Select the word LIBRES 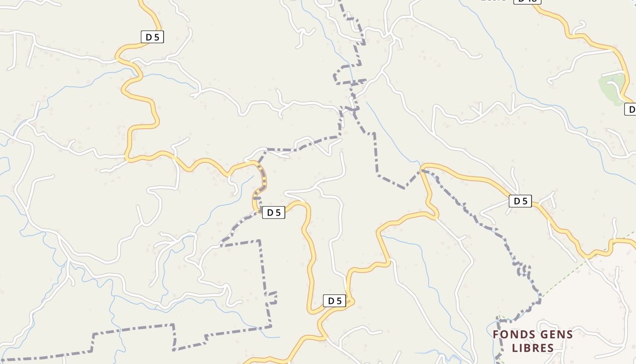click(533, 349)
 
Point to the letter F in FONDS click(496, 335)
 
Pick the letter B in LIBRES click(528, 349)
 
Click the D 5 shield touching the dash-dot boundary click(273, 212)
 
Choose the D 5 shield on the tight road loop click(334, 301)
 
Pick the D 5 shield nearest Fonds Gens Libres click(520, 201)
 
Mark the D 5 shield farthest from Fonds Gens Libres click(152, 37)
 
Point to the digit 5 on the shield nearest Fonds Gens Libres click(525, 201)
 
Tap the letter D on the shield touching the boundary click(270, 212)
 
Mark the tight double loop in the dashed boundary click(523, 269)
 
